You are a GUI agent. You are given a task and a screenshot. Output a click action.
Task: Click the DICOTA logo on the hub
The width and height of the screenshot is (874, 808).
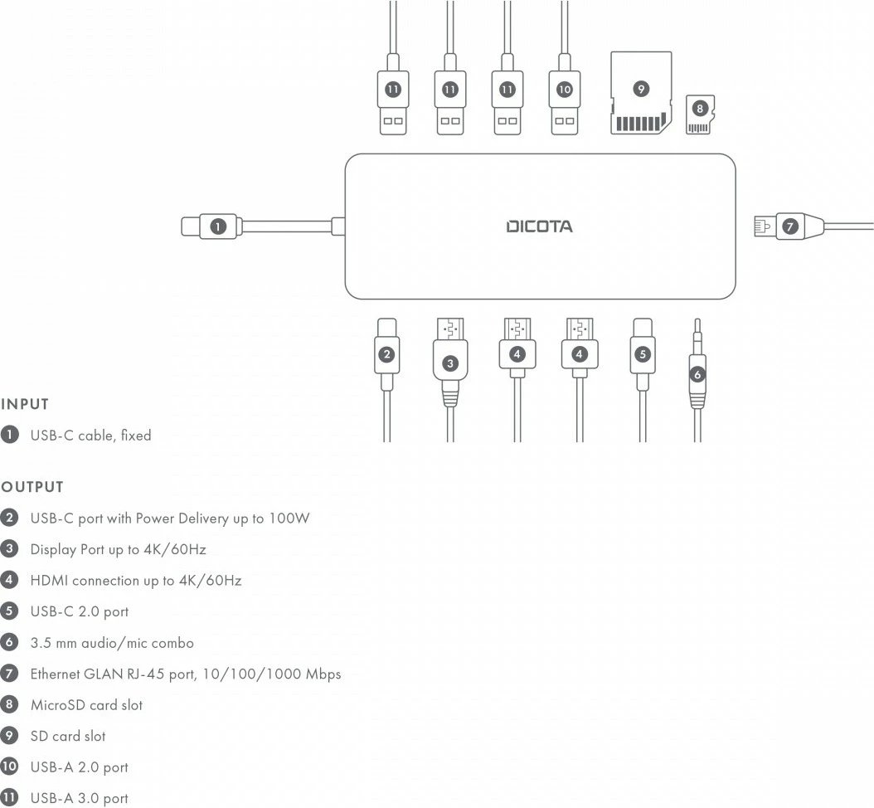pos(539,226)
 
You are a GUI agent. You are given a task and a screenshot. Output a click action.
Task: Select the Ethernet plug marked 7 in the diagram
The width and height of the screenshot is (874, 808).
pos(789,225)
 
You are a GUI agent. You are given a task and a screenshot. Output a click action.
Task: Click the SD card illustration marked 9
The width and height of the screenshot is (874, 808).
pos(640,93)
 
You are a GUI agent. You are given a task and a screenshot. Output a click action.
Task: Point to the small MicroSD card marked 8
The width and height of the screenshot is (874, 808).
pos(700,114)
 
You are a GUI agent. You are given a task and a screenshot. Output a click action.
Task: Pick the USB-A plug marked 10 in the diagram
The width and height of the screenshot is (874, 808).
pos(565,98)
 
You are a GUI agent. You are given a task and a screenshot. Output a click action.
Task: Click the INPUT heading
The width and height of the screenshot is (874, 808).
pos(25,405)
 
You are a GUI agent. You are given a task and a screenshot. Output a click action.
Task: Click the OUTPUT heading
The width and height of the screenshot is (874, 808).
pos(32,487)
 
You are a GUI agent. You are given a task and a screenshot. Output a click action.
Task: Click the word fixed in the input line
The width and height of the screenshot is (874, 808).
pos(135,435)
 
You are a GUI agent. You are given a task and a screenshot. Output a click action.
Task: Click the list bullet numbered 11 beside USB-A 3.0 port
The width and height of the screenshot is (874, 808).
pos(10,798)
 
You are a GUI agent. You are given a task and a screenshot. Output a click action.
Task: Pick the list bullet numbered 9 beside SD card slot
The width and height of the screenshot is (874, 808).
pos(10,736)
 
